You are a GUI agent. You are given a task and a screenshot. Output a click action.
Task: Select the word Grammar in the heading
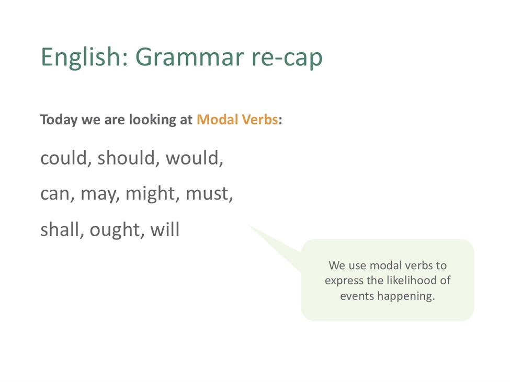189,57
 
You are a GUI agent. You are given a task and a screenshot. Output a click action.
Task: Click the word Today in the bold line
59,120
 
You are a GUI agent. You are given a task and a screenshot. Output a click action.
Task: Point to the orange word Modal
217,120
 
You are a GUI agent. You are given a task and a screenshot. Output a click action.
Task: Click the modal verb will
165,229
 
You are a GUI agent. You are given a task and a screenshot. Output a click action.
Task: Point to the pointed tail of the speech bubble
249,225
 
